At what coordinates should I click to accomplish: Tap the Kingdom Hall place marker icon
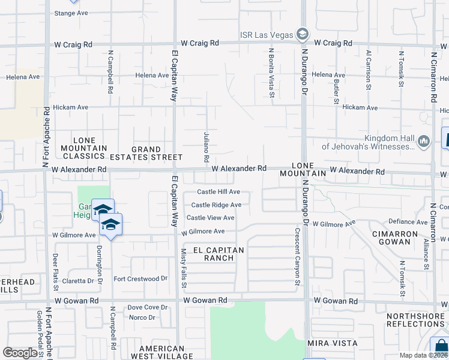tap(424, 142)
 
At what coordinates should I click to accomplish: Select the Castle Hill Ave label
tap(219, 192)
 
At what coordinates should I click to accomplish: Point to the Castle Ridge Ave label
tap(216, 205)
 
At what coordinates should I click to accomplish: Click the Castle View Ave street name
tap(211, 218)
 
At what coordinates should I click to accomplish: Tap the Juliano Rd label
tap(205, 152)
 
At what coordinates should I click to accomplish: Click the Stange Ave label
tap(71, 13)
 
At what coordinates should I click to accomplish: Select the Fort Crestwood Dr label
tap(140, 279)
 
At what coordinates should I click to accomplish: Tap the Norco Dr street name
tap(142, 317)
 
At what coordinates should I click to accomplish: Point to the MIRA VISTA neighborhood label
tap(332, 343)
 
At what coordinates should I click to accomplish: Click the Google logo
tap(20, 353)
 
